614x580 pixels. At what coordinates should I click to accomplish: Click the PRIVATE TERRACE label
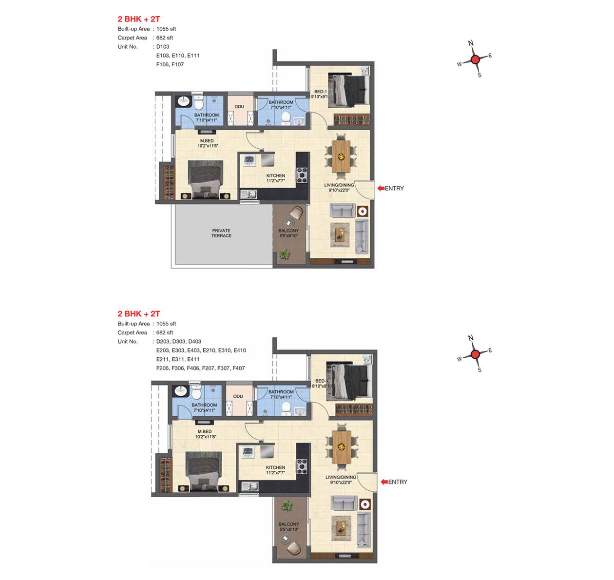(x=221, y=233)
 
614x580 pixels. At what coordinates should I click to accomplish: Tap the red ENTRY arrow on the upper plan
(x=381, y=188)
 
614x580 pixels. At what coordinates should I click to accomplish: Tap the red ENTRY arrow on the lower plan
(x=384, y=482)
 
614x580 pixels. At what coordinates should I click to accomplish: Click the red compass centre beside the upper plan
(x=476, y=59)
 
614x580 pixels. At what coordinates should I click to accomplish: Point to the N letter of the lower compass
(x=471, y=338)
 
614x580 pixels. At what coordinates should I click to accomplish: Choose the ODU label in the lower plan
(x=238, y=396)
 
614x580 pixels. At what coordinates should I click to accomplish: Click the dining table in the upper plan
(x=341, y=156)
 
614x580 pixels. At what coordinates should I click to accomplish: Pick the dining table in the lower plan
(x=342, y=447)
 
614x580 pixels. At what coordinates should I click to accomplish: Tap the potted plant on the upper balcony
(x=285, y=254)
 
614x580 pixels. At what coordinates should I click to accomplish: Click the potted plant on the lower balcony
(x=287, y=505)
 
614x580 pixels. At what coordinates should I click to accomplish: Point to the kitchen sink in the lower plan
(x=250, y=486)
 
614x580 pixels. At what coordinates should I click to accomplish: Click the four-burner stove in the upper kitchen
(x=302, y=175)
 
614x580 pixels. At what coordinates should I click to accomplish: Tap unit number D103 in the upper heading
(x=163, y=46)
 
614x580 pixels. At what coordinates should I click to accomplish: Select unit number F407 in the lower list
(x=238, y=368)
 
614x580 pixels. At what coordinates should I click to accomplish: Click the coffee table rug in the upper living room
(x=340, y=235)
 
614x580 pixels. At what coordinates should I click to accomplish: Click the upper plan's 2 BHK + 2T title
(x=139, y=19)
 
